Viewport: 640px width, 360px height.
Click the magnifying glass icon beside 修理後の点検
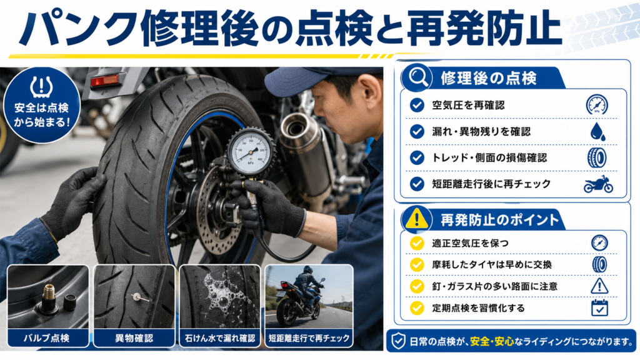point(418,76)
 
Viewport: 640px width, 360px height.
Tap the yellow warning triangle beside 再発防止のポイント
point(416,218)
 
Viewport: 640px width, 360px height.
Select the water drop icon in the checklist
point(597,131)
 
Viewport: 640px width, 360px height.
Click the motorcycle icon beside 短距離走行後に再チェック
point(598,184)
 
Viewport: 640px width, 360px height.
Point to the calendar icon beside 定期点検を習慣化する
point(599,307)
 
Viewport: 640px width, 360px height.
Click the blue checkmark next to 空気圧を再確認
point(417,105)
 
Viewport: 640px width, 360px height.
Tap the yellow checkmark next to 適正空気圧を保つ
point(417,243)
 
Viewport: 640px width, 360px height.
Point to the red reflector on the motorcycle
point(104,81)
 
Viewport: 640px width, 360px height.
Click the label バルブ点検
point(46,338)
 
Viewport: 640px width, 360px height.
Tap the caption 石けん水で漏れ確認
point(220,338)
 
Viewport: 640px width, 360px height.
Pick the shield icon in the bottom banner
point(398,341)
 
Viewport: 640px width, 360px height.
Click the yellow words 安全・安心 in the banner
point(491,341)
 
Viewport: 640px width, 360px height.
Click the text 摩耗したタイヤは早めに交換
point(492,264)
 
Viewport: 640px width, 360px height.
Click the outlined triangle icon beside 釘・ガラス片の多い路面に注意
point(599,286)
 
